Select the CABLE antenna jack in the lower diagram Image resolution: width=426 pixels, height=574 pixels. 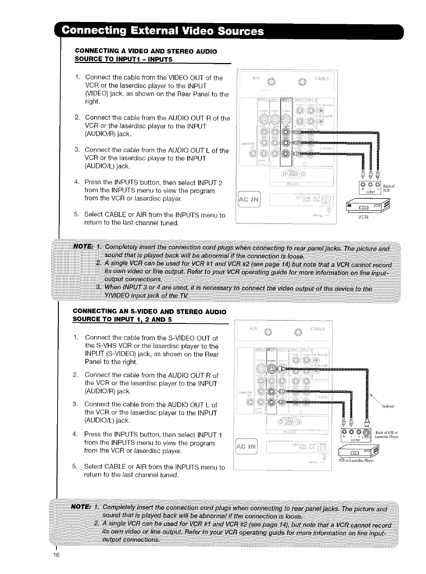click(298, 332)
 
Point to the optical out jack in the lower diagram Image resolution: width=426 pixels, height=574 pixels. click(322, 446)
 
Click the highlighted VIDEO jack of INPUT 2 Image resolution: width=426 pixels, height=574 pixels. click(286, 132)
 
